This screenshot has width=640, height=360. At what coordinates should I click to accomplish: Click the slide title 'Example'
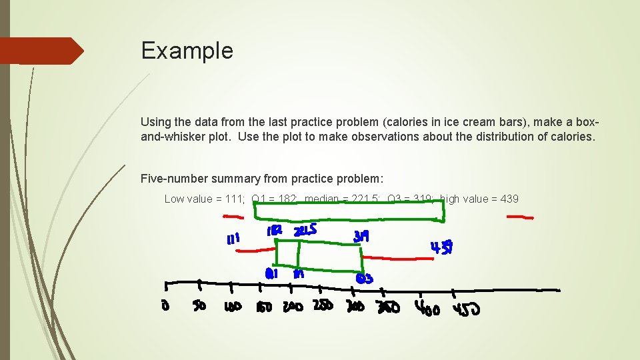click(187, 51)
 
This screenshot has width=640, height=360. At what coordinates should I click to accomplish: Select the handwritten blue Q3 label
click(363, 278)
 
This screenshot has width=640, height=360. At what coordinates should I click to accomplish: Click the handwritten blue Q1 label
click(271, 273)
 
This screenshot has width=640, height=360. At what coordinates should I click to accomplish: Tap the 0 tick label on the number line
click(165, 307)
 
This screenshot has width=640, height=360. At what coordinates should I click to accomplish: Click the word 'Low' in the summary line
click(175, 199)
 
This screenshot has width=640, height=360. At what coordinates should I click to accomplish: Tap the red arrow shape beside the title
click(41, 51)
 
